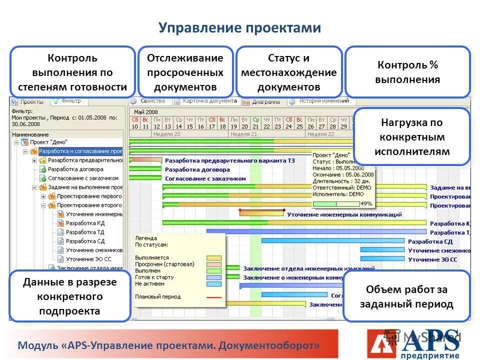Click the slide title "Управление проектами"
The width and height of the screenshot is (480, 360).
pos(239,28)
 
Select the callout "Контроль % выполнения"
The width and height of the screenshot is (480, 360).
pos(408,72)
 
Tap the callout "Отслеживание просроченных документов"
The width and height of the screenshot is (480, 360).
pos(185,72)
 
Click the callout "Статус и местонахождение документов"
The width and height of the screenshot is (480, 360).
pos(289,72)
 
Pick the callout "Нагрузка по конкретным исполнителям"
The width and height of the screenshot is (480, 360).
pos(411,137)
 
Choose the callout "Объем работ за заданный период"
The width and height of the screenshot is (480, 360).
pos(406,296)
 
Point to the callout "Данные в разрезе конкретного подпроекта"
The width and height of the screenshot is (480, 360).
pos(70,296)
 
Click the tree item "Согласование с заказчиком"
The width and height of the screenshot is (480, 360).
pos(83,178)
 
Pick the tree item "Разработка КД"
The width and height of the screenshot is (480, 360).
pos(85,223)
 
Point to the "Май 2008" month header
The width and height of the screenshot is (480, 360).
pos(146,112)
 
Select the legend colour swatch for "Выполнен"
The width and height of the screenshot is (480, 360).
pos(213,270)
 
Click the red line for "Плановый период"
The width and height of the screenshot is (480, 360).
pos(213,297)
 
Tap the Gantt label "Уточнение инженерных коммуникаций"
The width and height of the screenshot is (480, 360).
pos(344,214)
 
